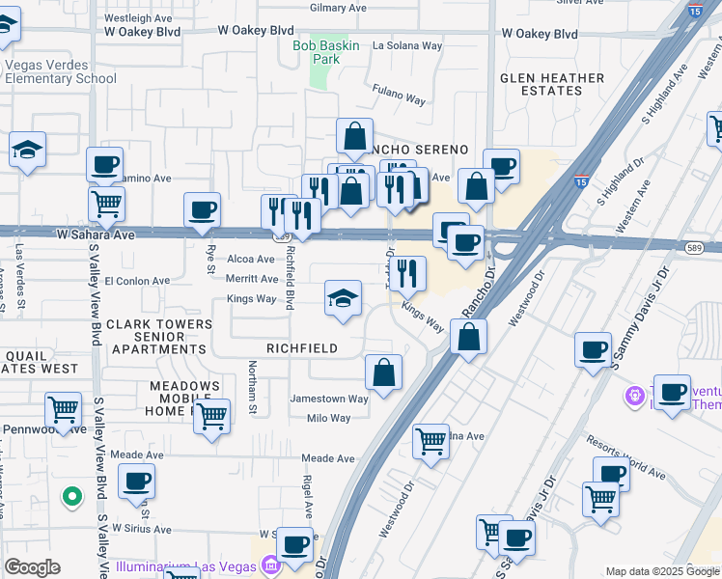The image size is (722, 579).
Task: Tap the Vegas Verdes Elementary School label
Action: point(60,72)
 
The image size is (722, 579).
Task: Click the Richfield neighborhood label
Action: point(301,348)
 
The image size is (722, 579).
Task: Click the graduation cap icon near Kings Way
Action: point(343,298)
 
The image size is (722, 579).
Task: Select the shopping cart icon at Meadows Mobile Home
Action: point(211,417)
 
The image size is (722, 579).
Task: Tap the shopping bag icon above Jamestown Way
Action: point(383,372)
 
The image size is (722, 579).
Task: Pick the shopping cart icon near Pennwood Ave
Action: point(64,409)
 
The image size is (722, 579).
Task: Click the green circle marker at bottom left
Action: point(70,498)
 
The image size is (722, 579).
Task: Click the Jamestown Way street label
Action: point(330,399)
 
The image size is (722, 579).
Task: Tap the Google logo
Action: point(32,567)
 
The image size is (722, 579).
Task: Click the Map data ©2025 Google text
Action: point(661,571)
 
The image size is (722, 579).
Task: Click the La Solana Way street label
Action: point(407,44)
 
